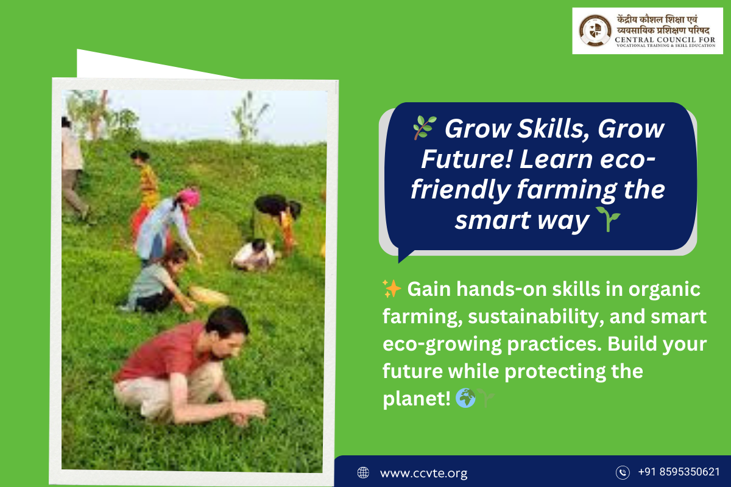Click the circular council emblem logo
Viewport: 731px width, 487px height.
595,30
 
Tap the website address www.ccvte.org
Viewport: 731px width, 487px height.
423,472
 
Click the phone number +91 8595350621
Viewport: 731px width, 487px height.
679,472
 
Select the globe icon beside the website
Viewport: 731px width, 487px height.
363,472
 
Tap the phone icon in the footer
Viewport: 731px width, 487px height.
623,472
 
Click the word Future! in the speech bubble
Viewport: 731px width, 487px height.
466,159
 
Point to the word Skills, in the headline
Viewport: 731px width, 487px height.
554,129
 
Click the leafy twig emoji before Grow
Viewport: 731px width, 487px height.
424,128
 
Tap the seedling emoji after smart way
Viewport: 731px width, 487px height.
608,219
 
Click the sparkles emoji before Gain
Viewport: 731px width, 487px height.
392,289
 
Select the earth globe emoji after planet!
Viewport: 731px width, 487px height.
465,398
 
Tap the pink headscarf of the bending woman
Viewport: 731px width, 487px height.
189,197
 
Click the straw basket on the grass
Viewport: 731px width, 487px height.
209,295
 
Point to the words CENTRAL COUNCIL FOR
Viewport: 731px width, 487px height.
665,40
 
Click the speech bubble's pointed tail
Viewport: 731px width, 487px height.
404,255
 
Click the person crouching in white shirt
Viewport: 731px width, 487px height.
255,255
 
